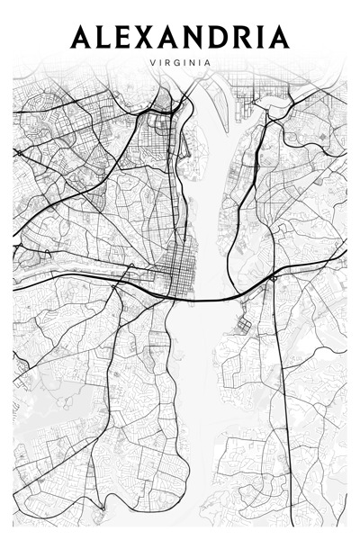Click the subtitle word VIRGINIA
[x=180, y=63]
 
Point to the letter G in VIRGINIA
[x=175, y=63]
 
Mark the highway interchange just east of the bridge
[x=270, y=282]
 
